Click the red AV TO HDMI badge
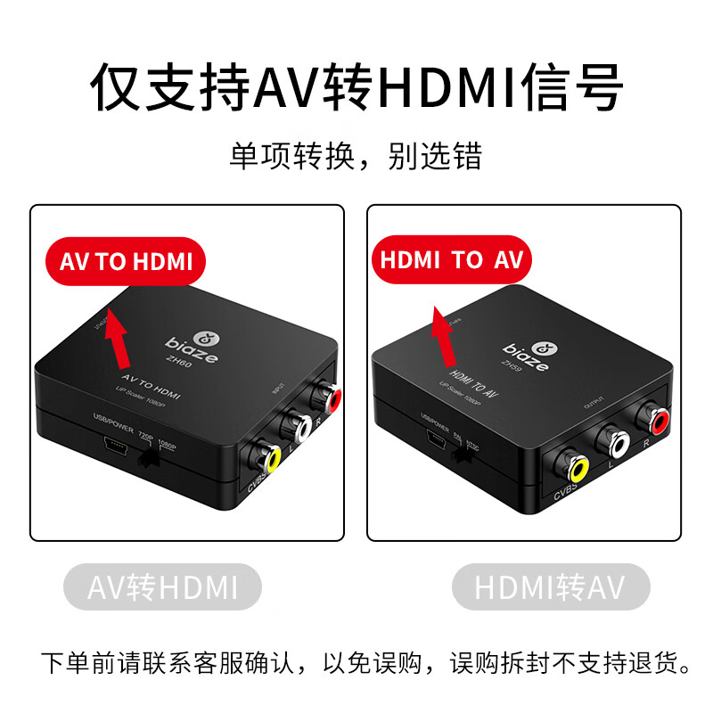126,261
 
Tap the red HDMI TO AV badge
451,259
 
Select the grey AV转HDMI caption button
163,587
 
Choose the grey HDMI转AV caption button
551,587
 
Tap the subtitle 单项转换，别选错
356,157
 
